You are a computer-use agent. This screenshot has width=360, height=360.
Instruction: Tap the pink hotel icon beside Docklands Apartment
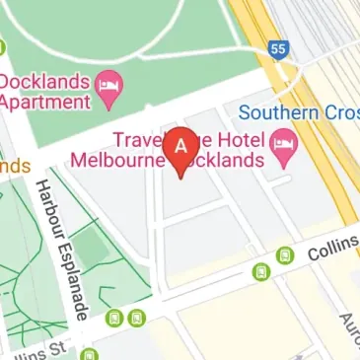coord(108,90)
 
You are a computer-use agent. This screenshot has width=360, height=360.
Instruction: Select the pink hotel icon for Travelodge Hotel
coord(284,150)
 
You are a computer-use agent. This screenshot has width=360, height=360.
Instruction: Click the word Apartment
coord(45,102)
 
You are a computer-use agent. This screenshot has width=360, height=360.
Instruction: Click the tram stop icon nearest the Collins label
coord(285,255)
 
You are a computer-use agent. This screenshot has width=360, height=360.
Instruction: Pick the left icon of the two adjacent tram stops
coord(115,318)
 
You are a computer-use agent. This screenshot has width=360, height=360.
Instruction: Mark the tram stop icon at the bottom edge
coord(91,354)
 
